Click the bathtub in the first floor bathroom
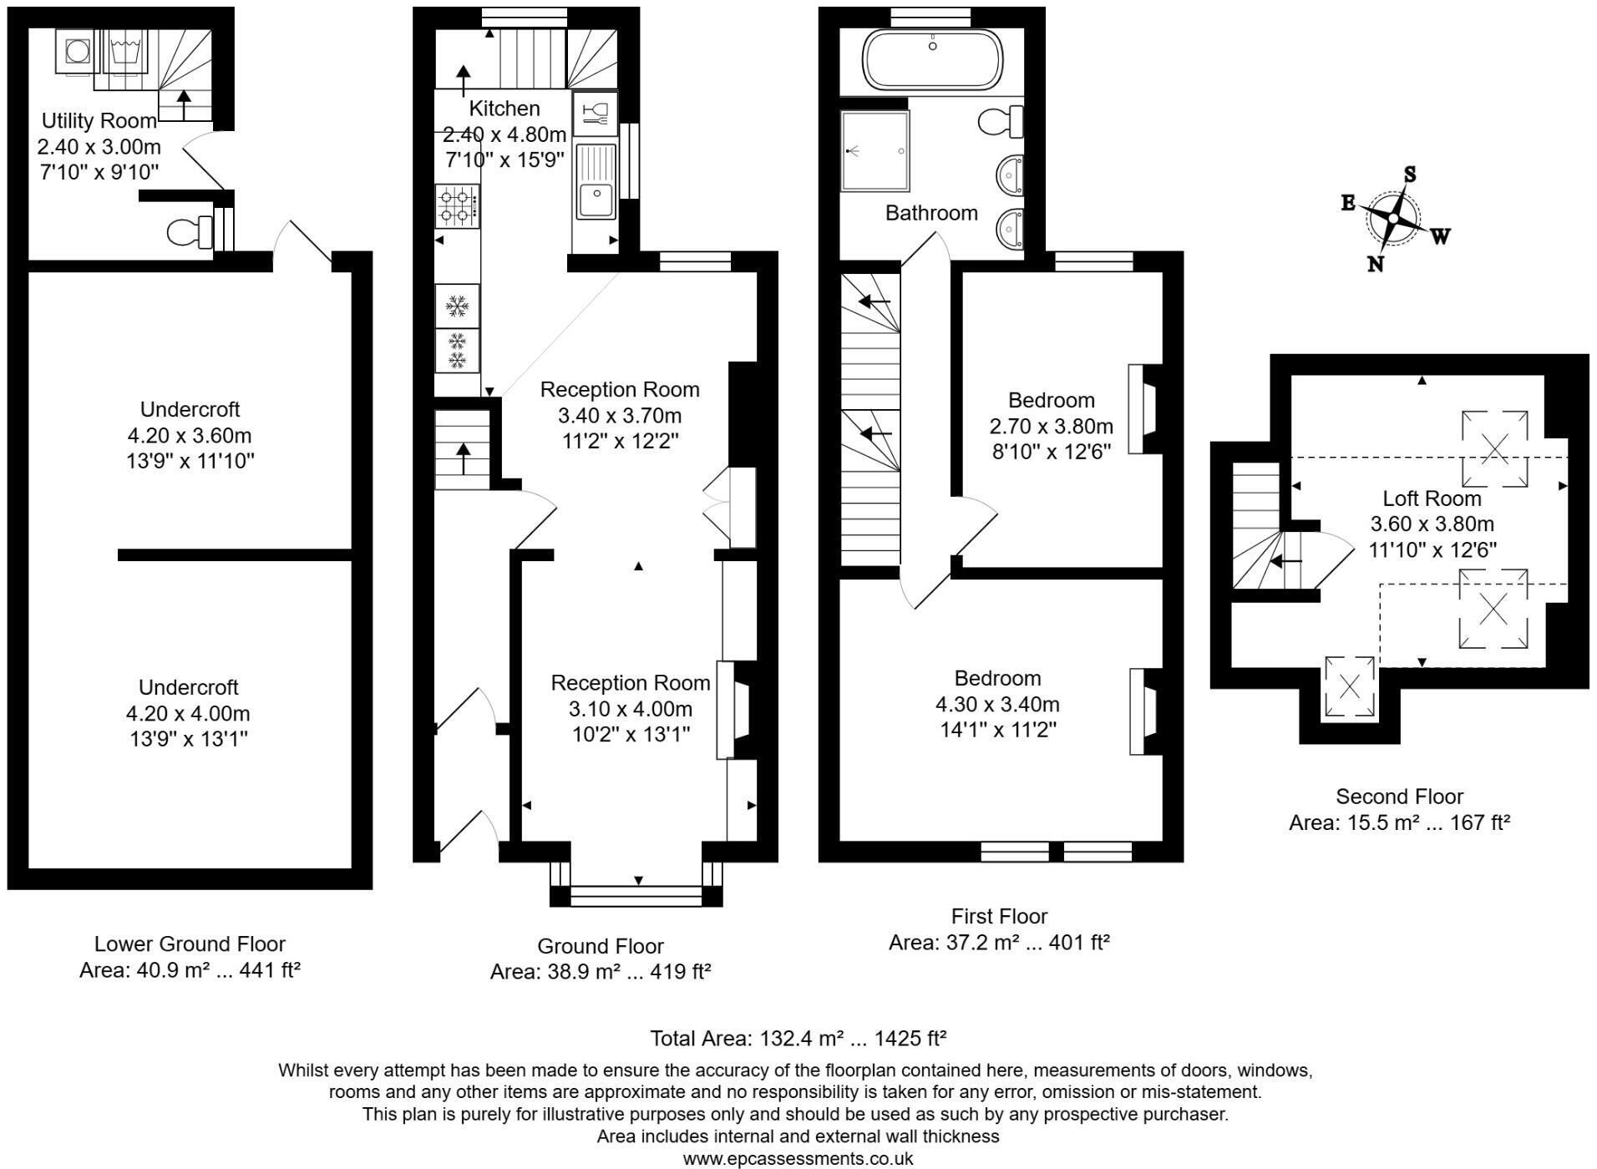tap(932, 60)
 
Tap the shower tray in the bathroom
tap(874, 151)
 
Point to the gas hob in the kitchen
tap(457, 206)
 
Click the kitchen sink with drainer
tap(596, 181)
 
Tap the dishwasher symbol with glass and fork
tap(595, 113)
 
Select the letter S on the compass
tap(1410, 174)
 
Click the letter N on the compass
tap(1375, 265)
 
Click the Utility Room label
tap(99, 120)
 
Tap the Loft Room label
tap(1432, 498)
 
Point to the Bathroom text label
tap(931, 213)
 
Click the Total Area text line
tap(798, 1039)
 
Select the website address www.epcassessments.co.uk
tap(798, 1159)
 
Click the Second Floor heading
tap(1399, 797)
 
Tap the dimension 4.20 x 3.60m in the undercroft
tap(190, 435)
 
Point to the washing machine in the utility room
tap(78, 52)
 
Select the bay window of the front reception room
tap(637, 897)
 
